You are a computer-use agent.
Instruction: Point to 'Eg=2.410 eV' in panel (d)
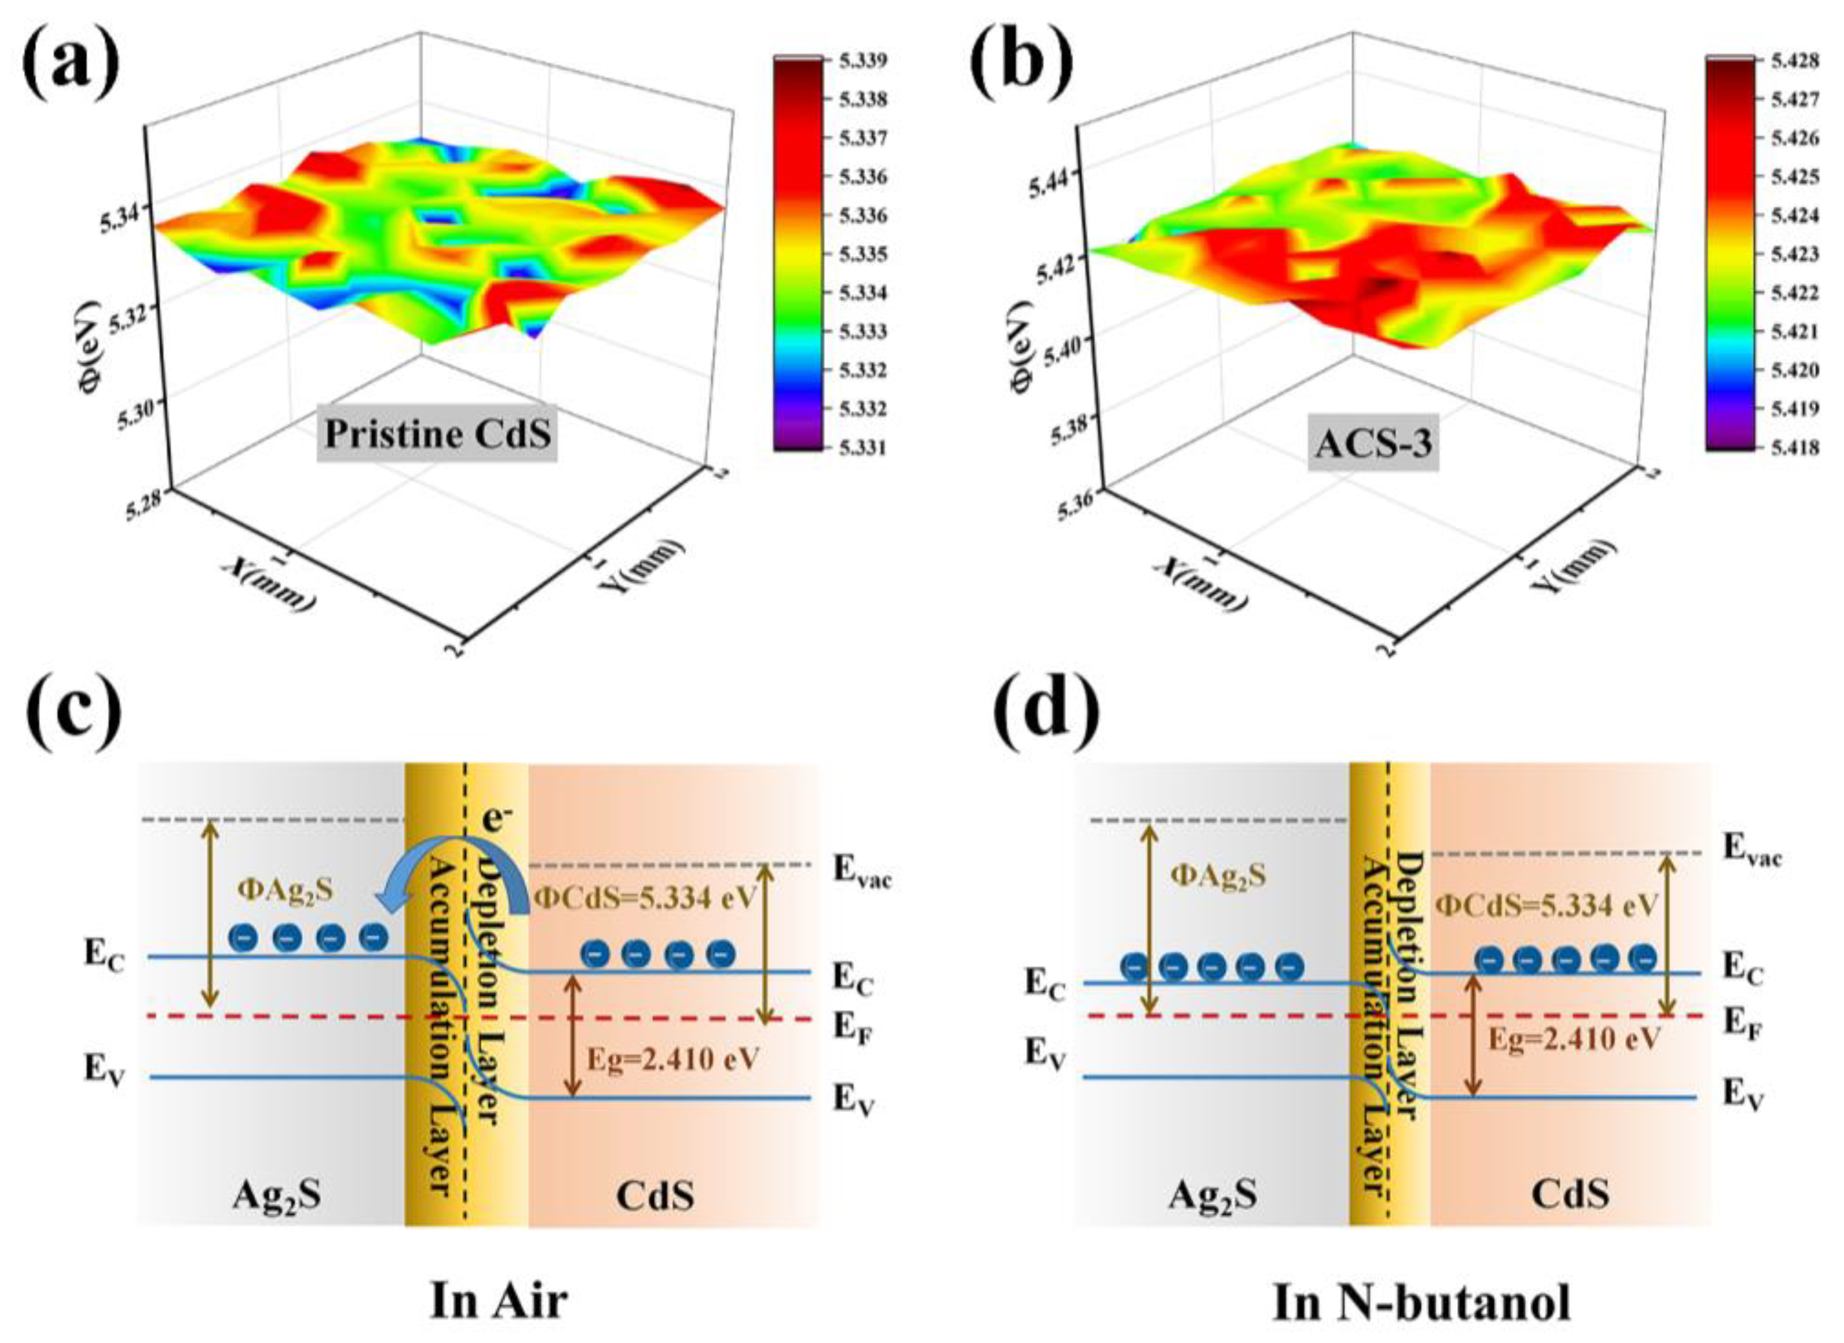[x=1573, y=1039]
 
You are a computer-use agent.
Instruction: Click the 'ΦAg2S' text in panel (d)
[x=1218, y=875]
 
